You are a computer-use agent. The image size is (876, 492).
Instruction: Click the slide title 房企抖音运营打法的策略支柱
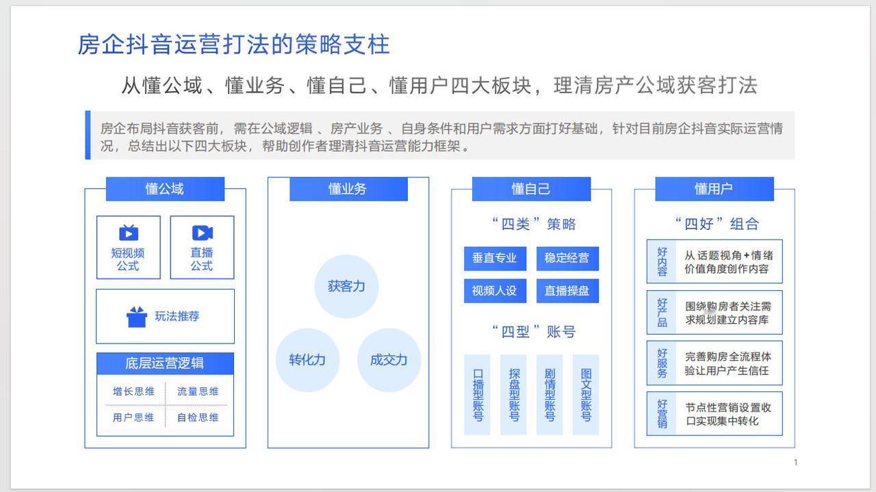coord(233,44)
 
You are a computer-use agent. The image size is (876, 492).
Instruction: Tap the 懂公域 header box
coord(165,189)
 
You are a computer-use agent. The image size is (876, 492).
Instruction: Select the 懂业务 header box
coord(348,189)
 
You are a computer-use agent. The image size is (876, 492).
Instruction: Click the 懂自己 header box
coord(531,189)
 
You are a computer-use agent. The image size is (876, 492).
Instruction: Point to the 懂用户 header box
coord(714,189)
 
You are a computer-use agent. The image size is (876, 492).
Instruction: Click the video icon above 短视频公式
coord(129,233)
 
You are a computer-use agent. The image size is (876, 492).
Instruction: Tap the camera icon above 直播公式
coord(202,233)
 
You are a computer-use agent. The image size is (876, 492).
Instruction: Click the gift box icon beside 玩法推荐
coord(137,317)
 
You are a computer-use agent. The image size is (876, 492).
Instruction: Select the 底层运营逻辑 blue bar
coord(165,363)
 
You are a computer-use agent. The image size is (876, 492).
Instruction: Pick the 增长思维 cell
coord(133,392)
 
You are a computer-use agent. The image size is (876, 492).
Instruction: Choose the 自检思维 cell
coord(198,417)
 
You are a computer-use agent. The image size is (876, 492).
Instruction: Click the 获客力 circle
coord(346,287)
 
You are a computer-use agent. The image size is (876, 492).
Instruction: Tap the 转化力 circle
coord(307,360)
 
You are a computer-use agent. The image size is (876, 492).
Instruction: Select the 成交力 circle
coord(389,360)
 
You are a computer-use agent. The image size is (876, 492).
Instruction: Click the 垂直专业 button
coord(495,258)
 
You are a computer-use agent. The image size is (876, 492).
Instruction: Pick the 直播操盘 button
coord(567,290)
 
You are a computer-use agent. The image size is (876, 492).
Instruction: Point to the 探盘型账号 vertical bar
coord(514,395)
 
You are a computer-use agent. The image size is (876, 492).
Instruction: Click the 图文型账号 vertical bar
coord(586,395)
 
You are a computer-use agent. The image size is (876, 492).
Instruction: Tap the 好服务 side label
coord(662,363)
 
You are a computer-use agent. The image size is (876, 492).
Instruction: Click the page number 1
coord(796,463)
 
